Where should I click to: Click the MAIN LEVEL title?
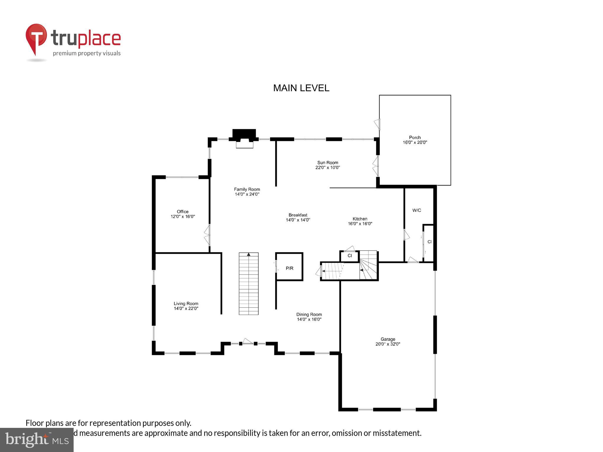pos(301,88)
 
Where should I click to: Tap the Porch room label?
pos(415,137)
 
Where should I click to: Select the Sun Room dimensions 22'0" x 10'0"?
pos(327,167)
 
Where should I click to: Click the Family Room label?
pos(247,190)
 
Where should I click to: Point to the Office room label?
pos(183,212)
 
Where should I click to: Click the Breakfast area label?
pos(298,215)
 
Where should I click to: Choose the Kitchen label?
pos(360,219)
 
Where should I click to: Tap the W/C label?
pos(416,210)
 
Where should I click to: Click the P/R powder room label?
pos(289,268)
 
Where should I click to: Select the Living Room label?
pos(186,304)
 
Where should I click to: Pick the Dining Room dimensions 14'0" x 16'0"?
pos(309,319)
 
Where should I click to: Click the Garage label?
pos(387,339)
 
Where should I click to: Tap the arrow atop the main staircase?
pos(249,255)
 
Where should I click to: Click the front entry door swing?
pos(248,342)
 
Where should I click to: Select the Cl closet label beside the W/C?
pos(429,242)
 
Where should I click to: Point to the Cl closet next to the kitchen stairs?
pos(349,256)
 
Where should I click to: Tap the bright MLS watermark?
pos(37,440)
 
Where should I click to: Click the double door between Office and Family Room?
pos(208,235)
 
